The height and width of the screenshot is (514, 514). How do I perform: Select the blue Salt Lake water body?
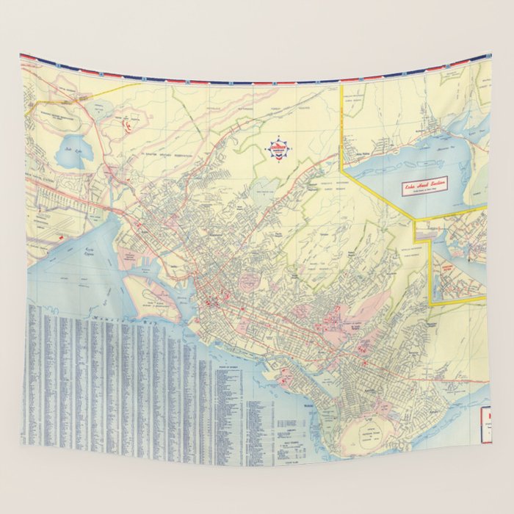pos(76,152)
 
